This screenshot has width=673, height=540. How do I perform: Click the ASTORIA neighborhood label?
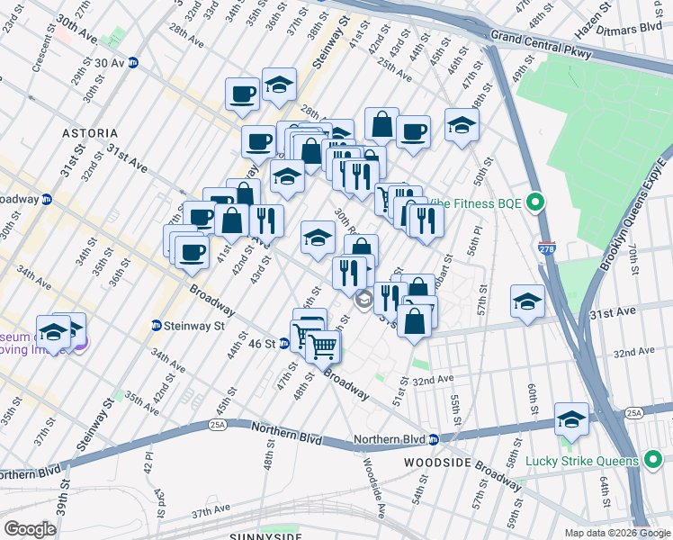click(x=90, y=132)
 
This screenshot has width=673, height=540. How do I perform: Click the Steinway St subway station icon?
click(x=156, y=326)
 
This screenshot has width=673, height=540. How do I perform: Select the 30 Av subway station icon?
click(x=132, y=62)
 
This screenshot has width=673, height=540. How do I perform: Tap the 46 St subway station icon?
click(x=283, y=343)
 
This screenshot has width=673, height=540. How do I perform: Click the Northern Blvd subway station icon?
click(x=433, y=440)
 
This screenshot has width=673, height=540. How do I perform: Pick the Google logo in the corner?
click(x=30, y=528)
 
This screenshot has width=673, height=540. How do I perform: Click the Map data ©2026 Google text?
click(x=618, y=533)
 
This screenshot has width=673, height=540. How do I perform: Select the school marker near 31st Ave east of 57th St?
click(x=527, y=302)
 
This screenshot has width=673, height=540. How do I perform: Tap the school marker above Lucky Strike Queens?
click(x=571, y=420)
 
